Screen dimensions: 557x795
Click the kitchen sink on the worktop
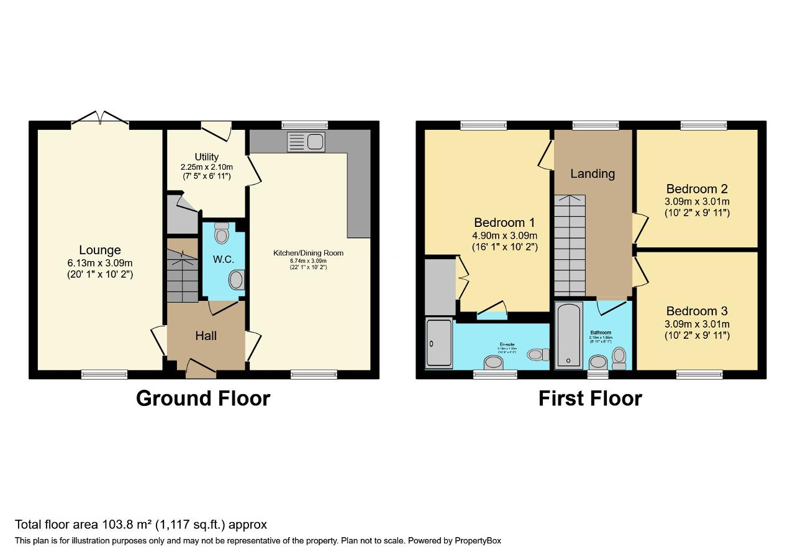click(306, 142)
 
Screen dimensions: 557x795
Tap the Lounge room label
click(100, 250)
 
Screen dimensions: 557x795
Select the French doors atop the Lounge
click(99, 119)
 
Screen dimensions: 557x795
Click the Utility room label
click(206, 157)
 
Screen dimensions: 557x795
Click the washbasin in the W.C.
click(236, 280)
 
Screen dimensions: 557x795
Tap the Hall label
click(206, 336)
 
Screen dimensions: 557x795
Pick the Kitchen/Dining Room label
click(309, 253)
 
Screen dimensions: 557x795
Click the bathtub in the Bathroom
click(568, 336)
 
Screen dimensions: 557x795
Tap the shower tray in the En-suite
click(439, 343)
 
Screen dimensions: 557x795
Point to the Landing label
click(593, 174)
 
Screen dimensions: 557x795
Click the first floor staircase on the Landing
click(570, 246)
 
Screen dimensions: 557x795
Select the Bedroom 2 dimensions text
click(697, 207)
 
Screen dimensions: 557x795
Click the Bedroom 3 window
click(699, 374)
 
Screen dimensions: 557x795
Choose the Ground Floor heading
click(203, 398)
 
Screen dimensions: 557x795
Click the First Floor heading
click(590, 398)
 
